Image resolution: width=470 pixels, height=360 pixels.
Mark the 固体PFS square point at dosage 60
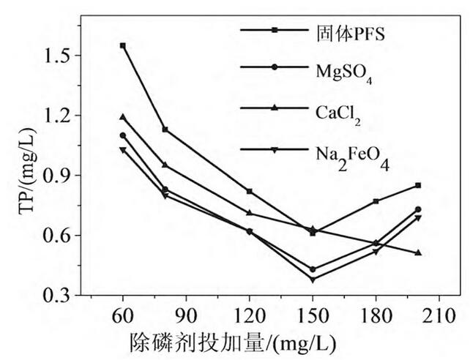point(123,45)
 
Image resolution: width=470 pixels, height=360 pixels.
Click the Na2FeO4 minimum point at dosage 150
point(313,280)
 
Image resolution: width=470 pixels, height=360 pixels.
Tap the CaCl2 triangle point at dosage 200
point(418,253)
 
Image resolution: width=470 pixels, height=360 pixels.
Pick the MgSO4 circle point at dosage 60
point(123,135)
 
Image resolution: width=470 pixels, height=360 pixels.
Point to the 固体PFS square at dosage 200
point(418,185)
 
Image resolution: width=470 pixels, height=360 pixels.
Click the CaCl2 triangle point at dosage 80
point(165,165)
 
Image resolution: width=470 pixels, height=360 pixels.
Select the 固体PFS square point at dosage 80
point(165,130)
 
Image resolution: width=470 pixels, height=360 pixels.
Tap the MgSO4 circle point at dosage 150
point(313,269)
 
